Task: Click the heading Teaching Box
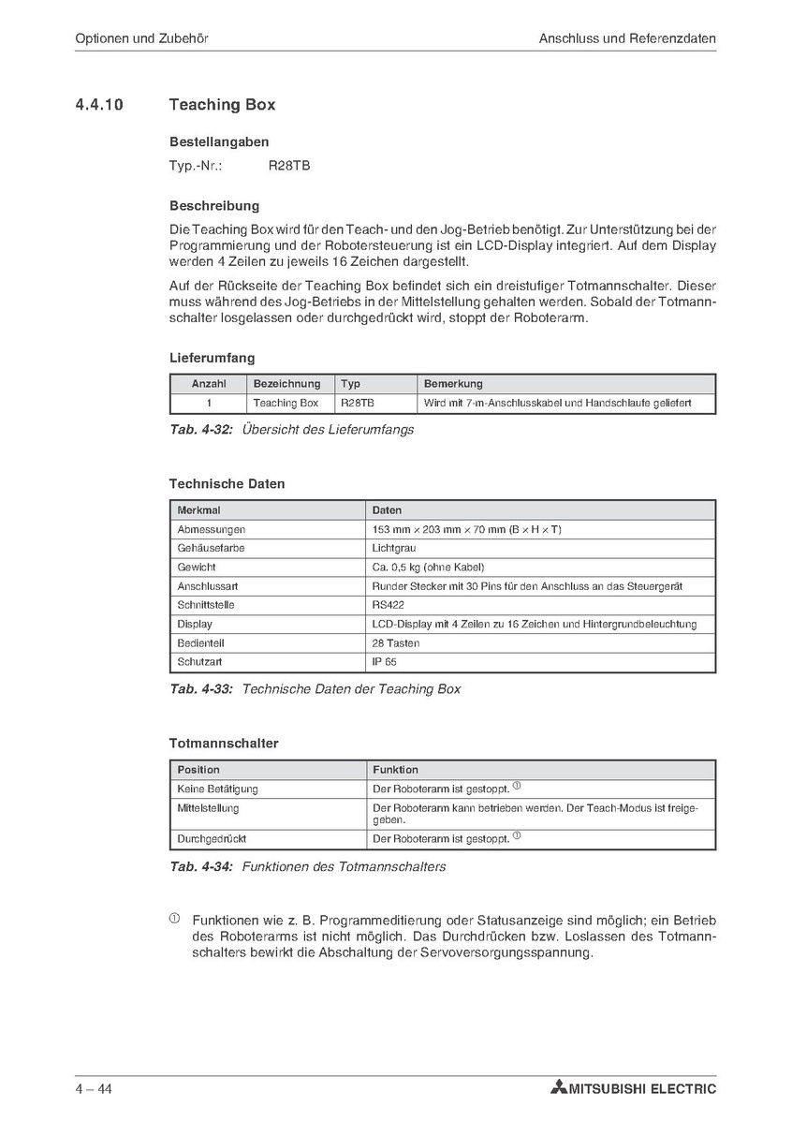pos(222,105)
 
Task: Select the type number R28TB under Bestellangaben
pos(288,166)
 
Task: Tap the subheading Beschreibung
pos(214,205)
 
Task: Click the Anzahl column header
pos(209,384)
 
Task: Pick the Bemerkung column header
pos(453,384)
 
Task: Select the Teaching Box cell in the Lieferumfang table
pos(286,403)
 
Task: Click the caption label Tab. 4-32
pos(200,430)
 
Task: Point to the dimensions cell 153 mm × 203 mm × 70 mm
pos(466,529)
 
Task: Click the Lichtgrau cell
pos(394,548)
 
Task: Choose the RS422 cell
pos(389,605)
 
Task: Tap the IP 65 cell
pos(384,662)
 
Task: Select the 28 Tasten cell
pos(396,643)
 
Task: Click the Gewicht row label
pos(197,567)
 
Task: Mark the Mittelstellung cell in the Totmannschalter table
pos(208,807)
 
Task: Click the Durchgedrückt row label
pos(212,839)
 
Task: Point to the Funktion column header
pos(395,770)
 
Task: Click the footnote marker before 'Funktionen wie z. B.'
pos(174,919)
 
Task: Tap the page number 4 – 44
pos(95,1089)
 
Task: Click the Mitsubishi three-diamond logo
pos(559,1088)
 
